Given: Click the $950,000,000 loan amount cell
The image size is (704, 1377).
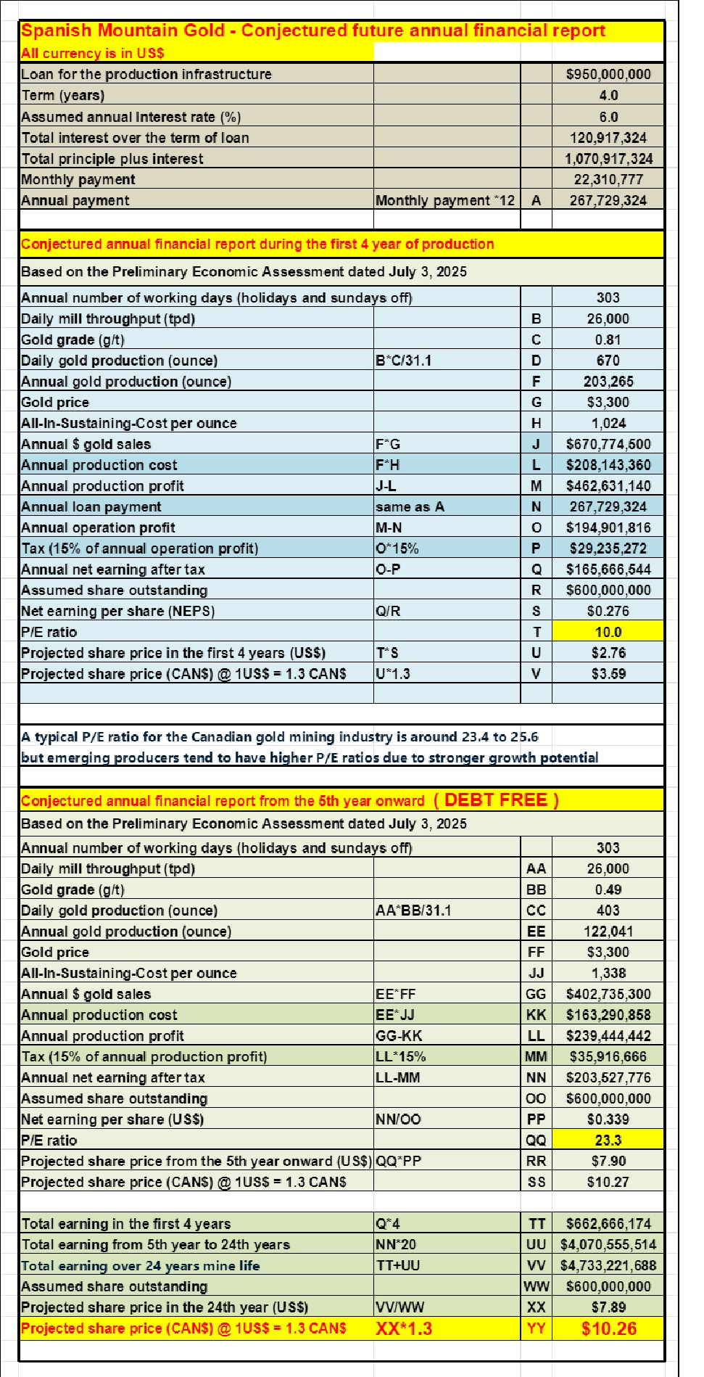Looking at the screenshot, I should coord(608,74).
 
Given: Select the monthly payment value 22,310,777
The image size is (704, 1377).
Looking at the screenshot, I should coord(608,179).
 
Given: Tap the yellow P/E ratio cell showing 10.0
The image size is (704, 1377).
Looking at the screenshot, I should coord(608,632).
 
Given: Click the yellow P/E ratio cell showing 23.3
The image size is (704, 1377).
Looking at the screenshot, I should coord(608,1140).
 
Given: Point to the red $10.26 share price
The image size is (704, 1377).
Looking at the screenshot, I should coord(608,1328).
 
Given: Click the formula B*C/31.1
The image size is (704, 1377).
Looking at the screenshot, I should coord(403,361).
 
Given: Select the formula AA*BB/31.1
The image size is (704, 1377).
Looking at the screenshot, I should coord(413,911).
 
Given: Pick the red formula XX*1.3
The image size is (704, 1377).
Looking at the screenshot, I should coord(404,1328).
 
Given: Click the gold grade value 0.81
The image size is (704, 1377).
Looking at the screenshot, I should coord(608,340).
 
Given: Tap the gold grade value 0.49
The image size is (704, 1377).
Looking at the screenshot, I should coord(608,889).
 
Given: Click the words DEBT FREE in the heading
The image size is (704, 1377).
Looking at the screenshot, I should coord(497,800).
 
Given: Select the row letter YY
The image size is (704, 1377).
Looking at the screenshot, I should coord(536,1328).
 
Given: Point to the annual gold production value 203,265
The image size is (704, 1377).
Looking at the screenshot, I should coord(608,382).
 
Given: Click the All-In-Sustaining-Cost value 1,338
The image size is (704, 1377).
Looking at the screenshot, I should coord(608,973).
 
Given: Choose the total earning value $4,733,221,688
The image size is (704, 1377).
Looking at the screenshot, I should coord(608,1265).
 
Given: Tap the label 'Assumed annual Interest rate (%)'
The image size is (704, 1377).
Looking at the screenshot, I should coord(131,117).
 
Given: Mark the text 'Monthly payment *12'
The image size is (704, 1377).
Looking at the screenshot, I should coord(444,200).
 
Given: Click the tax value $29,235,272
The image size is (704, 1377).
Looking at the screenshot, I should coord(608,548).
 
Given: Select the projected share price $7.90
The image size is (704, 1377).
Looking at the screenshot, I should coord(608,1161).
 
